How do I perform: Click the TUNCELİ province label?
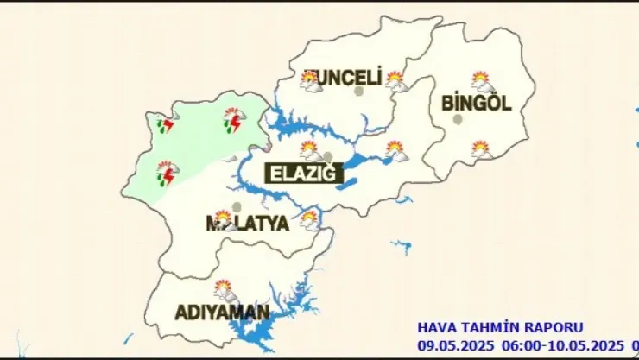point(344,79)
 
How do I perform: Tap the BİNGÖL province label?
point(477,104)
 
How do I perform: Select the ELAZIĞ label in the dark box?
point(297,173)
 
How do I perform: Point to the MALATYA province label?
point(246,224)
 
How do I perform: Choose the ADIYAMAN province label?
point(223,312)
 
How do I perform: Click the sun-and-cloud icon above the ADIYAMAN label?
point(225,289)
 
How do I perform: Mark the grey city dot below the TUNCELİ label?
point(360,91)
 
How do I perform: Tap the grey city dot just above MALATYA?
point(237,206)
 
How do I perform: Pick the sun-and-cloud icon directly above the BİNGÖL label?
point(482,82)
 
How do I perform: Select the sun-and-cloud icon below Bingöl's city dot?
point(481,149)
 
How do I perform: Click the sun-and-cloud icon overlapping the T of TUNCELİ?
point(309,80)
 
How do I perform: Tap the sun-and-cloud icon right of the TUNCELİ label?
point(395,81)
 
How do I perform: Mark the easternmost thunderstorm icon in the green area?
point(232,121)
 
